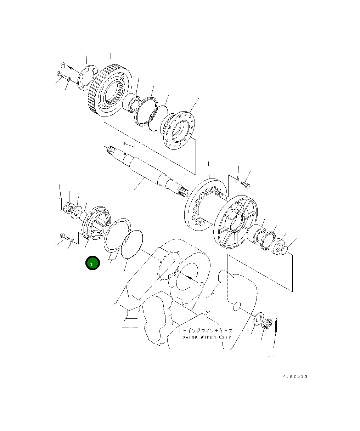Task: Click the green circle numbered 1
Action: click(92, 263)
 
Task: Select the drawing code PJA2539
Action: click(295, 376)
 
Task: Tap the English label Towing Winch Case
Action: click(205, 337)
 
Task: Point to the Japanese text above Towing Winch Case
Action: click(205, 331)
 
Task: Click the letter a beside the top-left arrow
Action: click(63, 65)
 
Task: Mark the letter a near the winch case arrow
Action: click(202, 284)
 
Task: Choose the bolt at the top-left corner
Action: click(61, 75)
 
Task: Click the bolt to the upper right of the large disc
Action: click(245, 185)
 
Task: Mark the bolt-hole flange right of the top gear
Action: click(180, 130)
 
